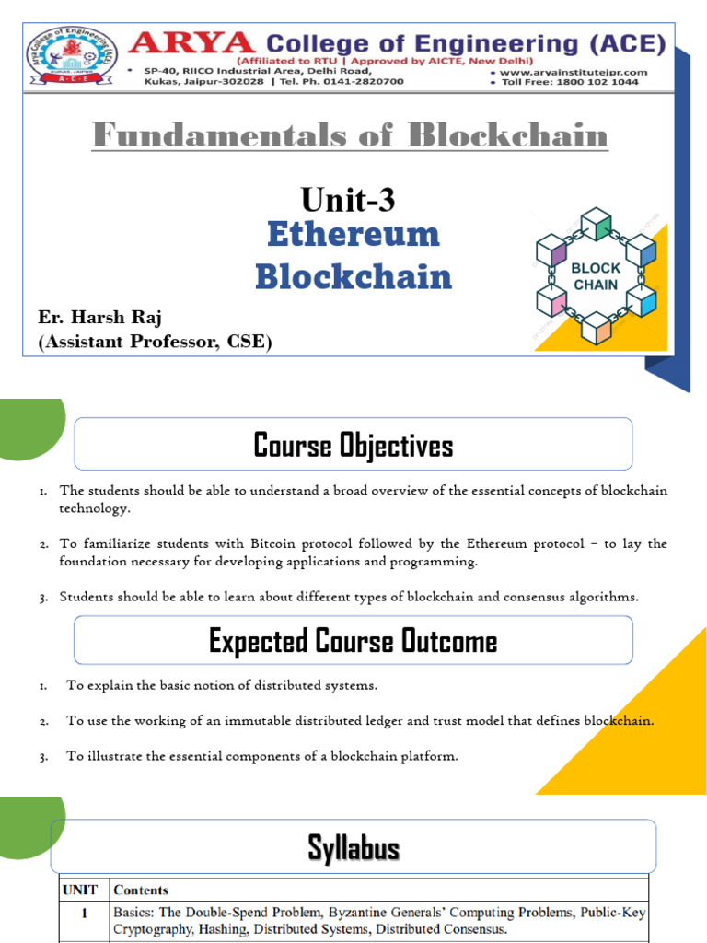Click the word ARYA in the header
[x=191, y=43]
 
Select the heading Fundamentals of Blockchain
[x=350, y=136]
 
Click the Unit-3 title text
[x=348, y=199]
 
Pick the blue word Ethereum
[x=353, y=234]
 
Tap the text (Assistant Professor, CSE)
[x=155, y=342]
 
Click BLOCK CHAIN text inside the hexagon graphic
[x=597, y=276]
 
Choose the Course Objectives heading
[x=353, y=446]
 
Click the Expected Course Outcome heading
[x=353, y=641]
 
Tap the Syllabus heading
[x=353, y=847]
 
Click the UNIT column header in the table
[x=81, y=890]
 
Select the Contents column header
[x=141, y=890]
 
